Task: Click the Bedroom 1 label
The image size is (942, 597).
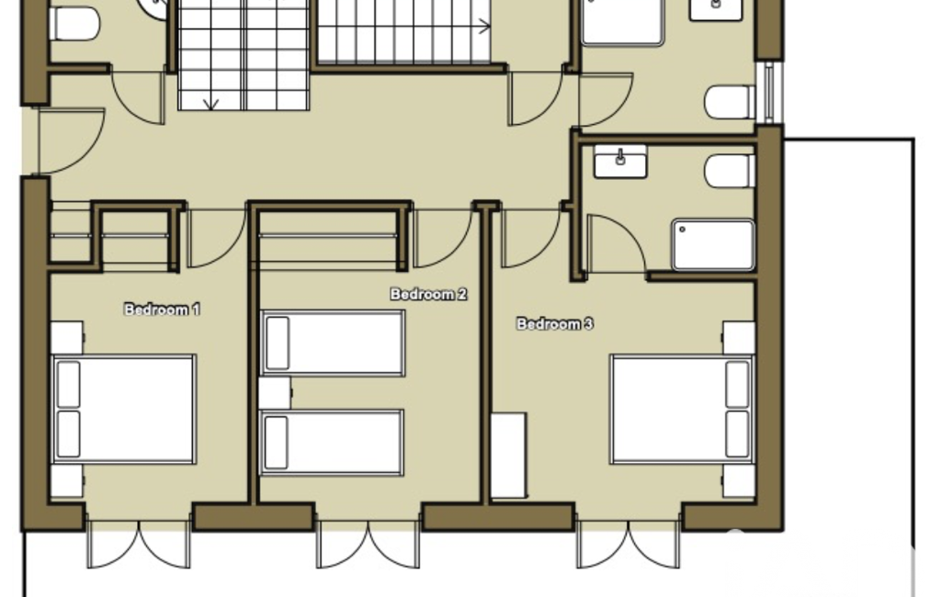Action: click(162, 310)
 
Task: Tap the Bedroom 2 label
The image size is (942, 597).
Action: click(428, 294)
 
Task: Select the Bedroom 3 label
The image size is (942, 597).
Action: click(555, 323)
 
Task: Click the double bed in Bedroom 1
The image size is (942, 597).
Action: click(124, 410)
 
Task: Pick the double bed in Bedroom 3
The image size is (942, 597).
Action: click(682, 410)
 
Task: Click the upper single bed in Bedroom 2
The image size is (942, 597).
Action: click(332, 343)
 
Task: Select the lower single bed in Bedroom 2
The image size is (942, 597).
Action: click(331, 443)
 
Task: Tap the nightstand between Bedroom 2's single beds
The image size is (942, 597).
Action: click(275, 393)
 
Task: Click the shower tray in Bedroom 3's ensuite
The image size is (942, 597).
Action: click(713, 245)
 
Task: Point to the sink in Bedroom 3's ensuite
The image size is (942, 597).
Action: click(620, 161)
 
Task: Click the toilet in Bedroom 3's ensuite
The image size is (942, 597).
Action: click(730, 171)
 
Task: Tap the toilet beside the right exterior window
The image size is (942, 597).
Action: click(730, 102)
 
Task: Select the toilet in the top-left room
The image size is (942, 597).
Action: click(74, 24)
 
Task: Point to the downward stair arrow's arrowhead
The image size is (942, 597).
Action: click(210, 105)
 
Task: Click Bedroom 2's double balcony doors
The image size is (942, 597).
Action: click(368, 544)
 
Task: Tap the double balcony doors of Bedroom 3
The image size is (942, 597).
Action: click(629, 544)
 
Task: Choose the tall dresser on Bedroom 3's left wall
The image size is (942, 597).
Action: click(509, 456)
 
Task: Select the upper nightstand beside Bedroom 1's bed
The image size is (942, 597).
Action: click(67, 338)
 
